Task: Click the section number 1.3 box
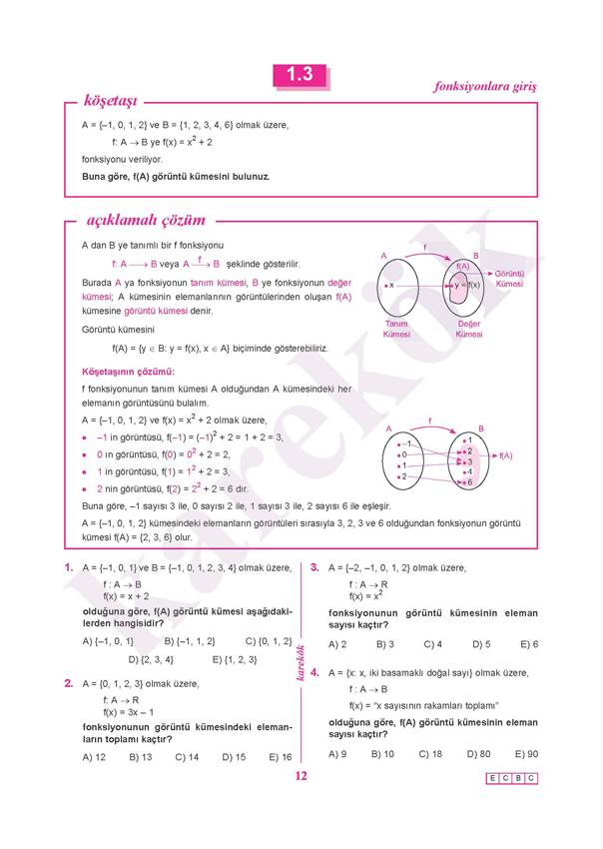tap(300, 75)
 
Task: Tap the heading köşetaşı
tap(111, 101)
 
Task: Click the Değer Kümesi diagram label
tap(469, 329)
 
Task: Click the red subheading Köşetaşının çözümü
tap(121, 372)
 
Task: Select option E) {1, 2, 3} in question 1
tap(235, 659)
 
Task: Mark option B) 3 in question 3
tap(384, 644)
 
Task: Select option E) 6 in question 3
tap(528, 644)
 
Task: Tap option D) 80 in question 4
tap(477, 754)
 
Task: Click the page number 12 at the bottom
tap(301, 778)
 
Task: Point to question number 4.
tap(314, 673)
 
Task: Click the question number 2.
tap(68, 684)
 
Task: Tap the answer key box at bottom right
tap(511, 778)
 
